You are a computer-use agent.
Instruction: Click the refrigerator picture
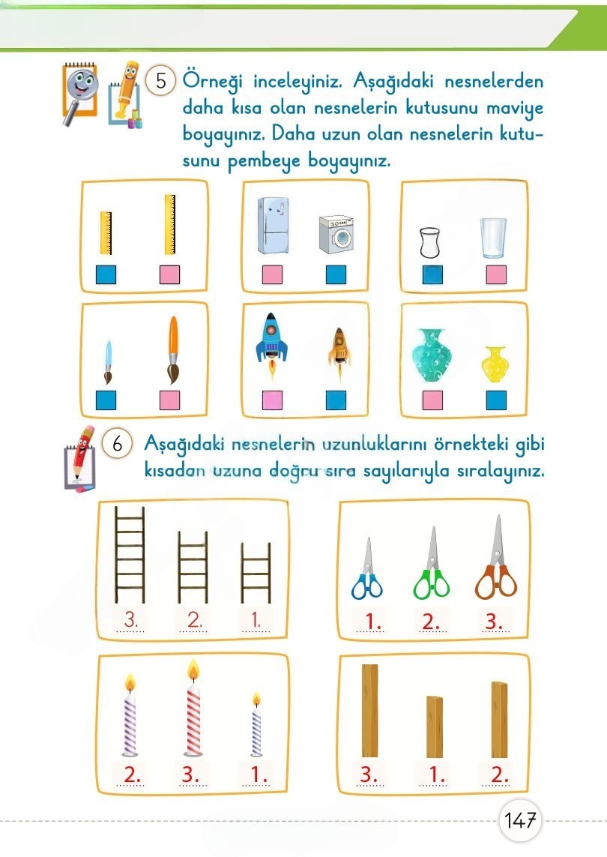click(272, 226)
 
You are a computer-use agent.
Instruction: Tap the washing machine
click(336, 235)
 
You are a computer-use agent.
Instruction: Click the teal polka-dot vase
click(433, 355)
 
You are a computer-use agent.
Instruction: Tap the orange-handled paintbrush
click(173, 349)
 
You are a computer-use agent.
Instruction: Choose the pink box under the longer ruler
click(169, 276)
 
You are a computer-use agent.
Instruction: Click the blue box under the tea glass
click(432, 275)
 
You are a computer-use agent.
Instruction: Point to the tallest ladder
click(130, 555)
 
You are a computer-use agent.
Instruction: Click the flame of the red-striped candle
click(193, 669)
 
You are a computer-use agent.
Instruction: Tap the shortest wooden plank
click(435, 727)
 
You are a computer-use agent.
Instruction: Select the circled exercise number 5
click(160, 79)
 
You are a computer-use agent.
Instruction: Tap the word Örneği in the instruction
click(212, 80)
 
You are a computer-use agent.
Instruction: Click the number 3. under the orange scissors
click(495, 622)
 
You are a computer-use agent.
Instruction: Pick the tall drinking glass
click(494, 239)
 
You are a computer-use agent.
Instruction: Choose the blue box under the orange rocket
click(336, 400)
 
